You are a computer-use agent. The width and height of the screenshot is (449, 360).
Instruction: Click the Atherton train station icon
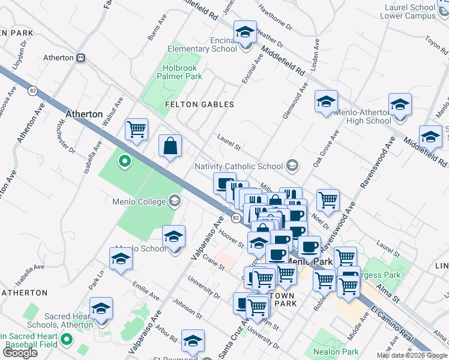pyautogui.click(x=80, y=58)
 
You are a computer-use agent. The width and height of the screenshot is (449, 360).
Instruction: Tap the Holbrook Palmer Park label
pyautogui.click(x=179, y=73)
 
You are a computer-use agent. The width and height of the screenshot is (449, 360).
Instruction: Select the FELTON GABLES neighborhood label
pyautogui.click(x=199, y=104)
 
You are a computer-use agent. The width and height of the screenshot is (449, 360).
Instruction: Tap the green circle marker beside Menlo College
pyautogui.click(x=125, y=161)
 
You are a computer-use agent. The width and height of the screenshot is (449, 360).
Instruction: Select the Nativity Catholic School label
pyautogui.click(x=238, y=166)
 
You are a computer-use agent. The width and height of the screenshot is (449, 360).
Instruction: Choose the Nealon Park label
pyautogui.click(x=340, y=352)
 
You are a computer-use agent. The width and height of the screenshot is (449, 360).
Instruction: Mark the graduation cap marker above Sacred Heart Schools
pyautogui.click(x=101, y=308)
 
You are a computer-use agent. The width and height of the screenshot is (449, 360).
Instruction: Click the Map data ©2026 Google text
pyautogui.click(x=412, y=355)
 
